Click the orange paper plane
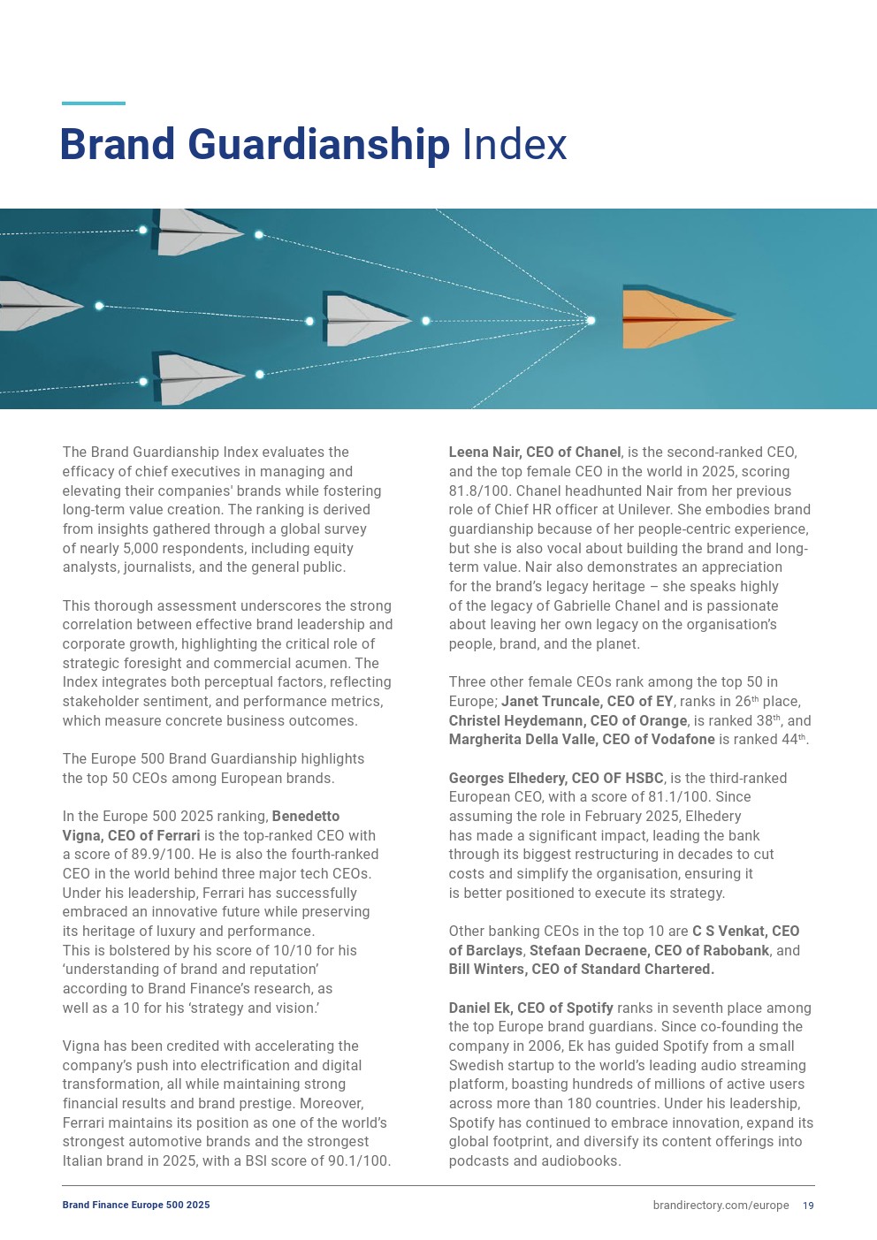(676, 317)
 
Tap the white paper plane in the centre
(364, 320)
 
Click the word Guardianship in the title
(319, 145)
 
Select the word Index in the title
(515, 145)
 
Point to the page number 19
(808, 1206)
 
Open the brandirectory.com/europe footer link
(721, 1206)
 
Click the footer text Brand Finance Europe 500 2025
(136, 1206)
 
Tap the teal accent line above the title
(94, 103)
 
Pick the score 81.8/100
(478, 491)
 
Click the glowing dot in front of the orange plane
(591, 320)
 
